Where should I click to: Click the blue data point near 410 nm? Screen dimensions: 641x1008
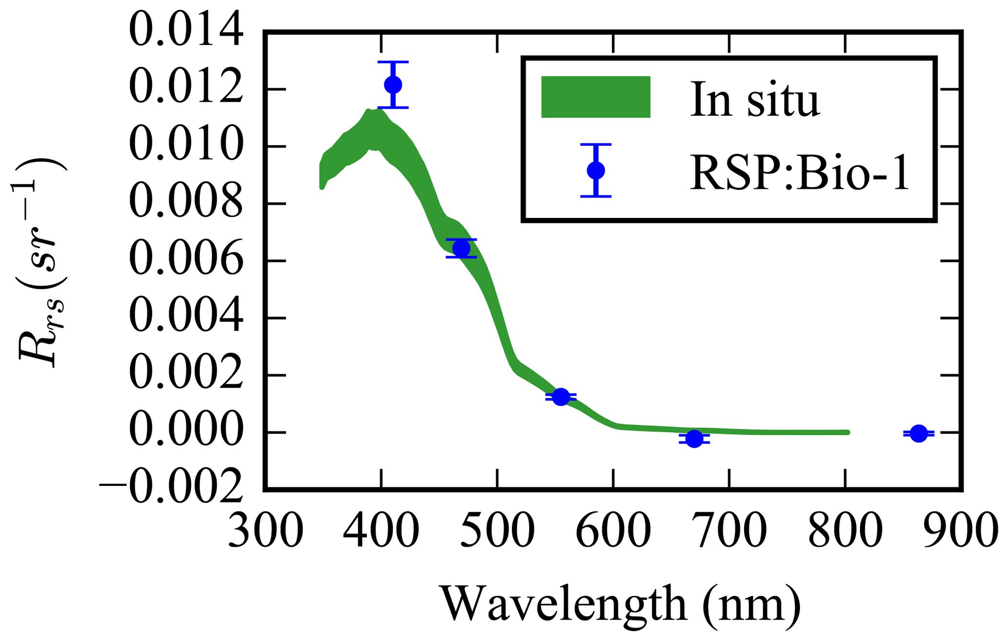point(393,85)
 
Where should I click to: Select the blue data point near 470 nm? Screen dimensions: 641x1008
point(461,248)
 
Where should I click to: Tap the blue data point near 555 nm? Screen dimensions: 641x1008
point(561,397)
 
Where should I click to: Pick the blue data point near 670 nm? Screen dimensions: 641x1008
point(694,439)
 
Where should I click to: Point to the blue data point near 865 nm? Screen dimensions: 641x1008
point(919,433)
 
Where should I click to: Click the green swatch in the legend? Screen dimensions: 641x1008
point(595,97)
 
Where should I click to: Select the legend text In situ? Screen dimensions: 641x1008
point(754,100)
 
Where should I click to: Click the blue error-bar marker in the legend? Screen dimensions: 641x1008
point(595,170)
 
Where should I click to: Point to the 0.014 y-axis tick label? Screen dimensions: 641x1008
point(186,32)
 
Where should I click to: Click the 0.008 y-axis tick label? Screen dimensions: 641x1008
point(186,203)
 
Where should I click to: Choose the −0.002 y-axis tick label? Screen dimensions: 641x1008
point(171,488)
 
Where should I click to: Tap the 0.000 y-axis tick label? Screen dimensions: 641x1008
point(186,432)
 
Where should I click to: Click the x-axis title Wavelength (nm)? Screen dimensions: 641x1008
point(621,604)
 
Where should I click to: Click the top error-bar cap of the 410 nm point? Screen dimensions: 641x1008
point(393,62)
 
